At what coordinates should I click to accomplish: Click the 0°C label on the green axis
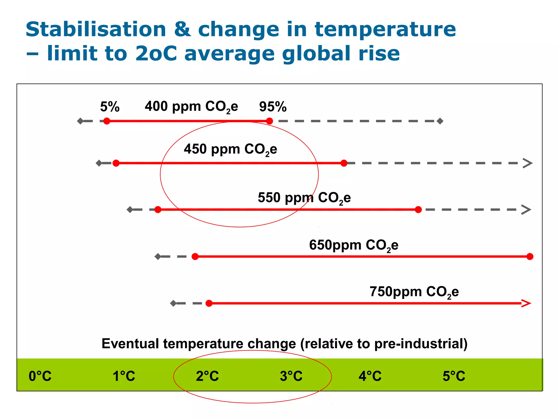tap(40, 376)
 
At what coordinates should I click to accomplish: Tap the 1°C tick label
tap(124, 376)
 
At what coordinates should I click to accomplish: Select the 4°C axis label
tap(370, 376)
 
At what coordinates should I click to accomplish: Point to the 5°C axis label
tap(454, 376)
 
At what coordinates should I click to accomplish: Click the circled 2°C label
tap(207, 376)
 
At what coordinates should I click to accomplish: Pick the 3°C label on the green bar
tap(291, 376)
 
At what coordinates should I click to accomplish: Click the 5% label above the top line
tap(110, 107)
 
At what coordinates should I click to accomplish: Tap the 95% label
tap(273, 107)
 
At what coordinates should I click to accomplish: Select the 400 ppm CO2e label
tap(191, 107)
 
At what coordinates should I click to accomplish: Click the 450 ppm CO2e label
tap(231, 149)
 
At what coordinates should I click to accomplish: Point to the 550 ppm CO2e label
tap(304, 198)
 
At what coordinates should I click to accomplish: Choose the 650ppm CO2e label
tap(354, 245)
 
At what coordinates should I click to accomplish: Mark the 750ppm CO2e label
tap(414, 292)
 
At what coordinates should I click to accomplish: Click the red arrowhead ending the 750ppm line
tap(526, 303)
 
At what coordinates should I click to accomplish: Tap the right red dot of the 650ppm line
tap(530, 256)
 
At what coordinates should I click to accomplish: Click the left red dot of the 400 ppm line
tap(107, 121)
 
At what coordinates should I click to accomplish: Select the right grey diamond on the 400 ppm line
tap(440, 121)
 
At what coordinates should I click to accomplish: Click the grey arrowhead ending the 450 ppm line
tap(528, 163)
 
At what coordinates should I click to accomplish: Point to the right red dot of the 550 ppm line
tap(418, 209)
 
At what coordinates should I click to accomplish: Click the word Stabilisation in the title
tap(96, 29)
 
